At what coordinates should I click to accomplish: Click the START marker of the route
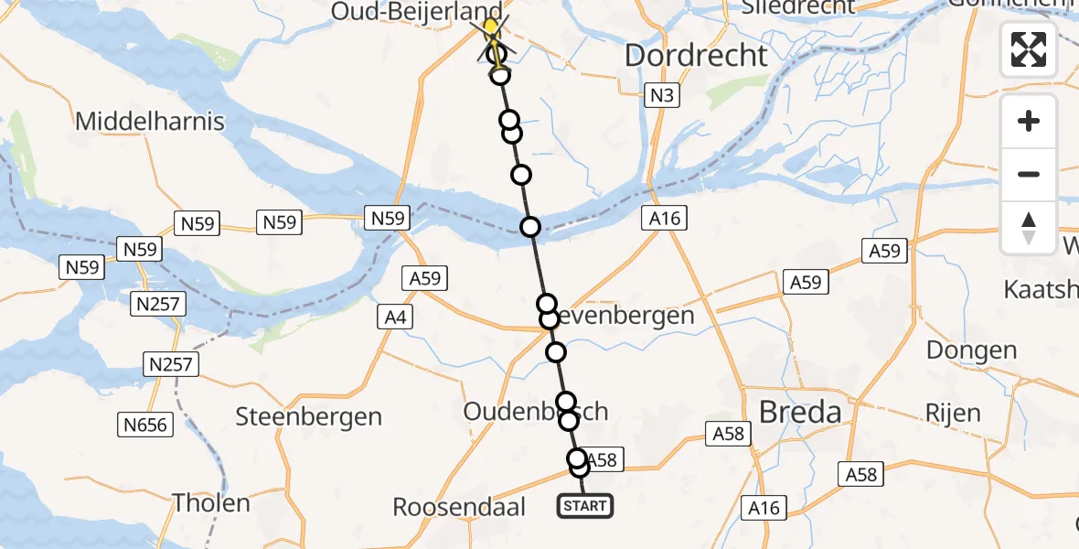click(584, 506)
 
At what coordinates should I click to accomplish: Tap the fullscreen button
click(1029, 49)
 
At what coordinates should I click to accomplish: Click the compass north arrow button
click(1029, 228)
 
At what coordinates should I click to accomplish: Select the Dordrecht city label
click(696, 56)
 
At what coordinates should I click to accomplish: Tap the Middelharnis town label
click(150, 121)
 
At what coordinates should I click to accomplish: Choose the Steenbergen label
click(308, 417)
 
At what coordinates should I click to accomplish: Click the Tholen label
click(212, 503)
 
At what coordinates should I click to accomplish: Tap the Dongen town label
click(971, 350)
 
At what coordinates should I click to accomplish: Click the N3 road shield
click(659, 95)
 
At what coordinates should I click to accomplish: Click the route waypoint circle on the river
click(530, 227)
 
